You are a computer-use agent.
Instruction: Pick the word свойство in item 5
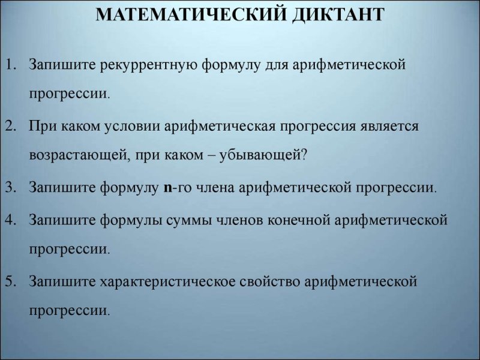tap(269, 281)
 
